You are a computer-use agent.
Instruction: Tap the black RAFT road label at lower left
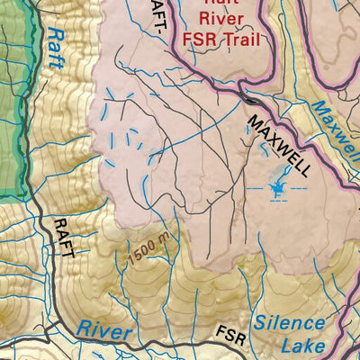[x=61, y=238]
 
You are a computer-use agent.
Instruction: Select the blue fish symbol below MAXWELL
[x=277, y=188]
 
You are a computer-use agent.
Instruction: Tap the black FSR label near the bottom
[x=230, y=337]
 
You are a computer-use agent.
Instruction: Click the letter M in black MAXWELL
[x=255, y=120]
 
